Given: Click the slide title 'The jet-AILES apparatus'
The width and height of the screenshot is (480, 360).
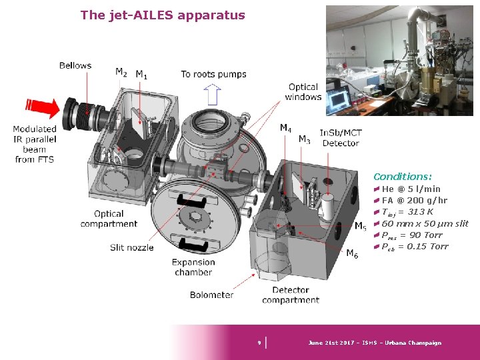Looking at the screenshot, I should (x=163, y=15).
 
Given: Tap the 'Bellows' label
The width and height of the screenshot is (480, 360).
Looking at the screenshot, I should (x=75, y=65).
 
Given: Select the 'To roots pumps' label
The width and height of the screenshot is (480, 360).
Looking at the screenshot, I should (x=213, y=74).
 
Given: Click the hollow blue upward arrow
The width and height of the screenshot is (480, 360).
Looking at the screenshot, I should (x=212, y=95).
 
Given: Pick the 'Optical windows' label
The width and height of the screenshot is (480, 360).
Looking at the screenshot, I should (x=303, y=92).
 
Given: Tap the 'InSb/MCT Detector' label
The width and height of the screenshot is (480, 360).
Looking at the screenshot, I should (x=340, y=138).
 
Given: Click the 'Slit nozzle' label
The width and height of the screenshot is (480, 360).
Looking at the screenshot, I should (x=131, y=247).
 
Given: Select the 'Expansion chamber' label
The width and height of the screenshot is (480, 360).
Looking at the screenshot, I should (x=193, y=267).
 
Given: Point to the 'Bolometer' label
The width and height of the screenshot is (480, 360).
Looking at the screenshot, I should (x=211, y=295).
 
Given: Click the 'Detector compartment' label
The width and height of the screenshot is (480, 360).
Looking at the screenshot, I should (x=291, y=295).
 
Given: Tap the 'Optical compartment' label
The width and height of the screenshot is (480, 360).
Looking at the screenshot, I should (x=109, y=219).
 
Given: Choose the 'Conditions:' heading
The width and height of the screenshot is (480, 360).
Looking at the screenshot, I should (x=403, y=177).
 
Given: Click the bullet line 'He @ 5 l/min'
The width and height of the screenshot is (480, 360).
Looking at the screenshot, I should (x=411, y=189).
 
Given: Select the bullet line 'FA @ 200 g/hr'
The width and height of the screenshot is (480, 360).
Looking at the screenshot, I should (x=414, y=201).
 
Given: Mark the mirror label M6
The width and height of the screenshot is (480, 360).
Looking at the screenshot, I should (x=351, y=253).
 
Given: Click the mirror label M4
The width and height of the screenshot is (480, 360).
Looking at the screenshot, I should (x=285, y=127).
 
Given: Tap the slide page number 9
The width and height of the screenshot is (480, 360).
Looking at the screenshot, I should (x=259, y=343).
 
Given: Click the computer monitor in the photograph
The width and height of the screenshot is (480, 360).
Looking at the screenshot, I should (x=339, y=98).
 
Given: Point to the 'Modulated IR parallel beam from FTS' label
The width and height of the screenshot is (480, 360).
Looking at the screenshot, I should (x=35, y=144).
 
